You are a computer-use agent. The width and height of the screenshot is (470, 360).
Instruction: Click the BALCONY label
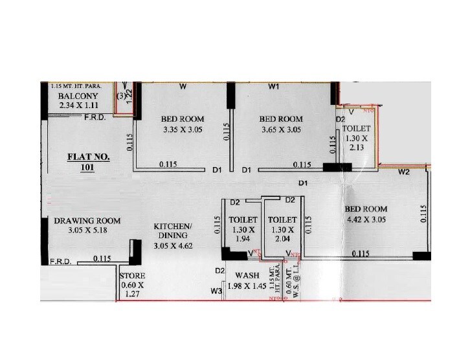click(78, 96)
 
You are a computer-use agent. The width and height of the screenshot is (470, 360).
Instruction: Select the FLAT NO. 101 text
click(89, 163)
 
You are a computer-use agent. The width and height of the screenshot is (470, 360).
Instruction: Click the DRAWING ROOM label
click(87, 221)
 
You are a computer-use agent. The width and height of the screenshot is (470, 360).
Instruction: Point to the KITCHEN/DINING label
click(173, 231)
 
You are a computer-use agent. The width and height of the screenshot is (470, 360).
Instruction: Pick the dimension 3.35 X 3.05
click(183, 129)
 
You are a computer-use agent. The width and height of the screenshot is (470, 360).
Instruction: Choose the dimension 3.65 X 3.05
click(281, 129)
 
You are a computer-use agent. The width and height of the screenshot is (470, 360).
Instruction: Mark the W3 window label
click(216, 291)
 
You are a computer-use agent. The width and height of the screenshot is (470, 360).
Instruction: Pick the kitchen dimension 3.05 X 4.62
click(173, 246)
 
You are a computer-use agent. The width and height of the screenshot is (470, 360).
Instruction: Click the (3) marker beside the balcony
click(120, 96)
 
